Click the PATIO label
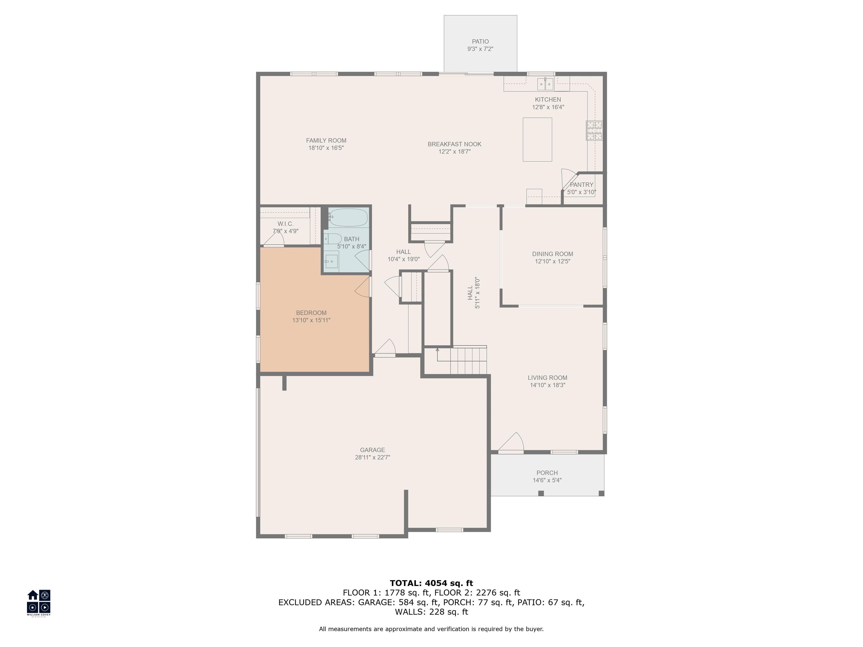pyautogui.click(x=480, y=41)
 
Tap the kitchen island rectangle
pyautogui.click(x=537, y=139)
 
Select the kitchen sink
pyautogui.click(x=545, y=84)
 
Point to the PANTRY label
pyautogui.click(x=582, y=185)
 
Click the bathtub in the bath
pyautogui.click(x=348, y=218)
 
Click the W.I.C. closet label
pyautogui.click(x=286, y=224)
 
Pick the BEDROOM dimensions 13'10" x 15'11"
pyautogui.click(x=311, y=320)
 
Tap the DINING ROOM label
pyautogui.click(x=553, y=254)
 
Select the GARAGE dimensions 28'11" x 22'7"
pyautogui.click(x=373, y=457)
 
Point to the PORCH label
pyautogui.click(x=547, y=473)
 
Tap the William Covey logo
pyautogui.click(x=38, y=603)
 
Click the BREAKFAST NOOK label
pyautogui.click(x=455, y=144)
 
